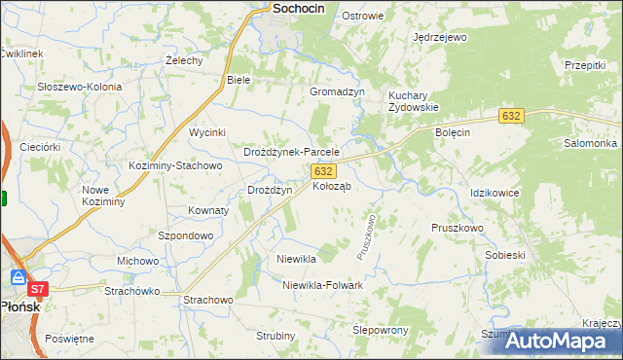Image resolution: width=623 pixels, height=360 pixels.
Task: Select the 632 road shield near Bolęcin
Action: pyautogui.click(x=512, y=116)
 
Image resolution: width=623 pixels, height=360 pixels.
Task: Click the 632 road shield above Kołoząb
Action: pyautogui.click(x=324, y=170)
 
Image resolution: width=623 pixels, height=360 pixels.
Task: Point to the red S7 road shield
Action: pyautogui.click(x=37, y=289)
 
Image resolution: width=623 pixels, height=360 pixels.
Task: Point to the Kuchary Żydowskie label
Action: pyautogui.click(x=415, y=101)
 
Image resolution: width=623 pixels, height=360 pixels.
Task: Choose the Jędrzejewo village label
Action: pyautogui.click(x=440, y=37)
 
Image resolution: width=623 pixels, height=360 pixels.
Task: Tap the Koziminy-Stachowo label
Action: pyautogui.click(x=176, y=165)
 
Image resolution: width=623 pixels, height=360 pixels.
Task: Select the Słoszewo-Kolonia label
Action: pyautogui.click(x=80, y=87)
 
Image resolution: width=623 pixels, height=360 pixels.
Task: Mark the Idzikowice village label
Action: pyautogui.click(x=495, y=193)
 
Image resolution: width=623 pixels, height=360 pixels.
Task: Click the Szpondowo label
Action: pyautogui.click(x=185, y=235)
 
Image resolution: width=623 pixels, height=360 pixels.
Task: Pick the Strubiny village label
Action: pyautogui.click(x=275, y=336)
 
